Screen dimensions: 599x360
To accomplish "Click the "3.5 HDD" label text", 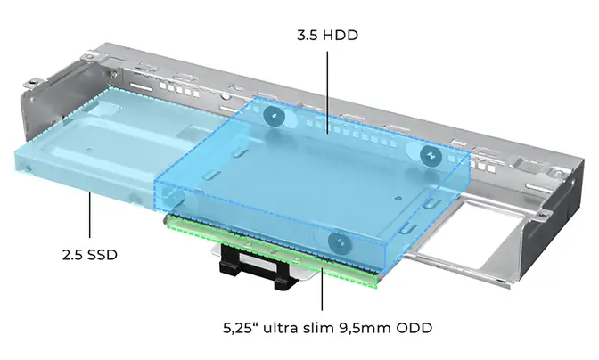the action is point(327,36).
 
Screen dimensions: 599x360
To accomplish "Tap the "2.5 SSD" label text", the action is point(90,255).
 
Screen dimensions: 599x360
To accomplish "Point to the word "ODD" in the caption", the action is point(414,328).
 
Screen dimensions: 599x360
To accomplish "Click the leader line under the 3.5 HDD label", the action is point(327,93).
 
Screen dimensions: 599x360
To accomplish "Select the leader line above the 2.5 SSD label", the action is point(90,216).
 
